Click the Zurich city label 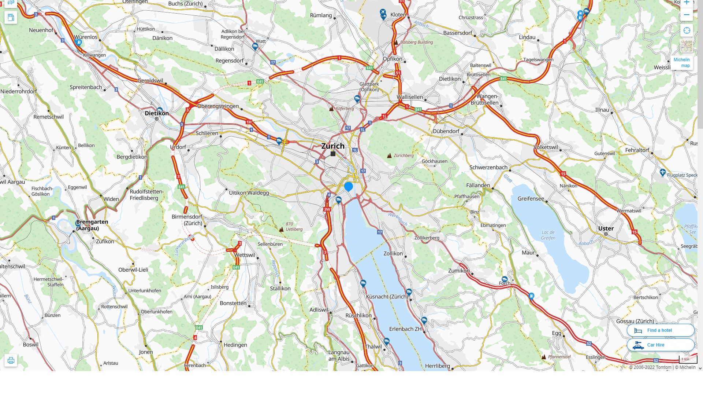click(x=333, y=146)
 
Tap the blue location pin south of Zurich click(x=349, y=187)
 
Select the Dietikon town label click(x=157, y=113)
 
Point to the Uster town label click(x=606, y=228)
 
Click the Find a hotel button click(x=660, y=330)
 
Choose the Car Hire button click(x=660, y=345)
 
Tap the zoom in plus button click(x=687, y=3)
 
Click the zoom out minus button click(x=687, y=15)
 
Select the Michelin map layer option click(x=682, y=62)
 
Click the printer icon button click(x=11, y=360)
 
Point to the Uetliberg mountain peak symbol click(x=281, y=230)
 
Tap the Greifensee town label click(x=531, y=199)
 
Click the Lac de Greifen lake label click(x=548, y=235)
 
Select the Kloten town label click(x=398, y=15)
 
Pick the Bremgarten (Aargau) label click(x=92, y=225)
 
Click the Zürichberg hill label click(x=403, y=155)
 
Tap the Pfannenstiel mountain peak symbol click(x=544, y=357)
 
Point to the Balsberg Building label click(x=416, y=42)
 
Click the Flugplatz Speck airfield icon click(x=662, y=172)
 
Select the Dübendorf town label click(x=446, y=131)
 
